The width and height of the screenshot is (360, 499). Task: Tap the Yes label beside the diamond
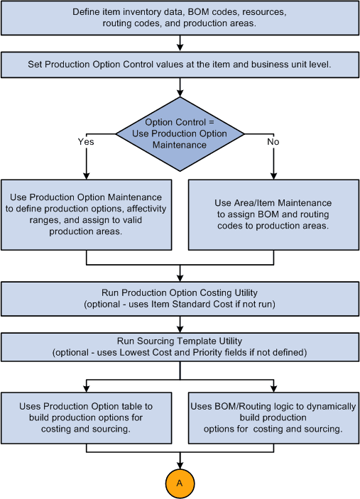coord(86,141)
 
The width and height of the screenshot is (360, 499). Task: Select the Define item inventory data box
coord(180,18)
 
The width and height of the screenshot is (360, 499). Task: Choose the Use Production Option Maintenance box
coord(87,214)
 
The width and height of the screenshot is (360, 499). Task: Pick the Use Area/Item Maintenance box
coord(273,214)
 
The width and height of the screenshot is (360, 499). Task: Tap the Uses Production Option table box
coord(87,417)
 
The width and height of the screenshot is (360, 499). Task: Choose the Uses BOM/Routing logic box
coord(273,417)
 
